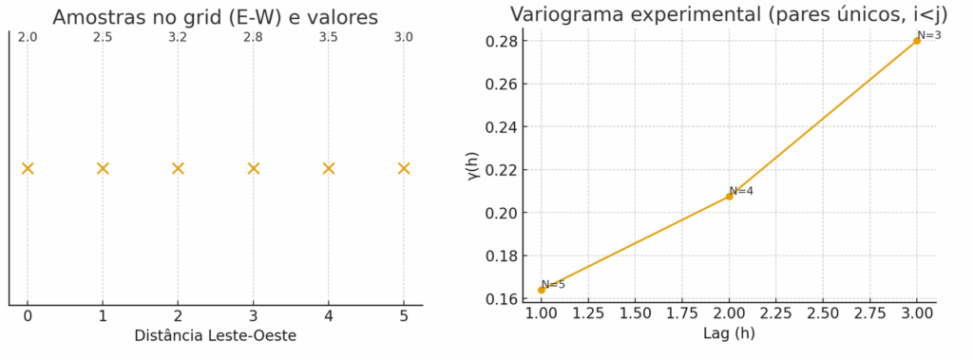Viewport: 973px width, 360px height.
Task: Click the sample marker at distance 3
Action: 253,168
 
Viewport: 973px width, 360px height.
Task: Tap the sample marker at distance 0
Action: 28,168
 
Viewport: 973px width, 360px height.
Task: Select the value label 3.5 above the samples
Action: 328,37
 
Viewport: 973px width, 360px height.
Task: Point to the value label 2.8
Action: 253,37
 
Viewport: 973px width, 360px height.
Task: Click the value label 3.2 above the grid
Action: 178,37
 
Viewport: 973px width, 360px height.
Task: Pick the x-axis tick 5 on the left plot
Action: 404,316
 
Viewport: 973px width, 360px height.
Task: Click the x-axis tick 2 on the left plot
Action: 178,316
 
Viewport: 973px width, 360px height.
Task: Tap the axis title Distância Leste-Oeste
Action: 216,335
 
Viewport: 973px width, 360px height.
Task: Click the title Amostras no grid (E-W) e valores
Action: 216,16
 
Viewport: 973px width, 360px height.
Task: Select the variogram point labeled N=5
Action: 542,290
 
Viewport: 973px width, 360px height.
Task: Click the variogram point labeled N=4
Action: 729,196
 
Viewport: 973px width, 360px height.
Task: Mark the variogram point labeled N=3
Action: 917,41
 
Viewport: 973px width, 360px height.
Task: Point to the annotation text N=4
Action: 741,191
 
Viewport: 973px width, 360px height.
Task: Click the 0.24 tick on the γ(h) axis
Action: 503,126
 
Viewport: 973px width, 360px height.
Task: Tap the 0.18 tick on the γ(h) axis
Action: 503,256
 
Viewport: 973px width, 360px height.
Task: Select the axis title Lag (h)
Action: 729,334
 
